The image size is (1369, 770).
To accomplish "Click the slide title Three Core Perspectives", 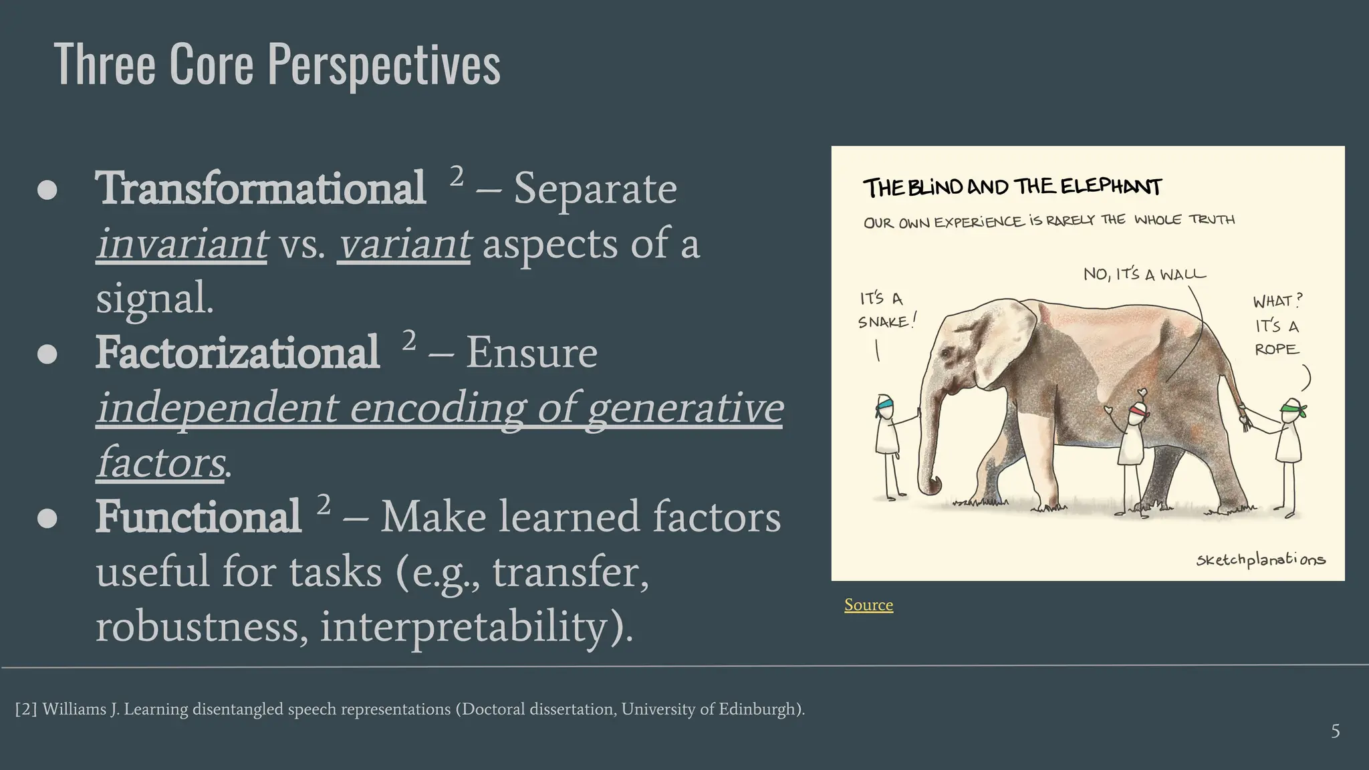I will pos(277,65).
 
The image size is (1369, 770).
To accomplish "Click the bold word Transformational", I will pos(260,188).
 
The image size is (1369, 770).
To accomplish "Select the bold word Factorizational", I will pos(237,353).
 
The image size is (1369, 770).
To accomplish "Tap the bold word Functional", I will pos(198,517).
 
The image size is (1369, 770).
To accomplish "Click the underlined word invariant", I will pos(182,244).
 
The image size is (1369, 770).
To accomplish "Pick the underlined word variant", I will pos(404,244).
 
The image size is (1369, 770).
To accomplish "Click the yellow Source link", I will pos(868,605).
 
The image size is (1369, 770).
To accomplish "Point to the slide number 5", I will pos(1335,731).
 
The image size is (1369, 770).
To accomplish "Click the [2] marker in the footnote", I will pos(26,709).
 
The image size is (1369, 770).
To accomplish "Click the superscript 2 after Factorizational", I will pos(409,340).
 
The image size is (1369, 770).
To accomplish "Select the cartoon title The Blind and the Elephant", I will pos(1012,187).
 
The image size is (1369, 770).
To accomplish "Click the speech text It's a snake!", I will pos(885,310).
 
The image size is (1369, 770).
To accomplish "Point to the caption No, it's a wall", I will pos(1144,274).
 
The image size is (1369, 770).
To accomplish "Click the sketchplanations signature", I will pos(1260,559).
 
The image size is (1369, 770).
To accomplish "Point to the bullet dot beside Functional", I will pos(47,518).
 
